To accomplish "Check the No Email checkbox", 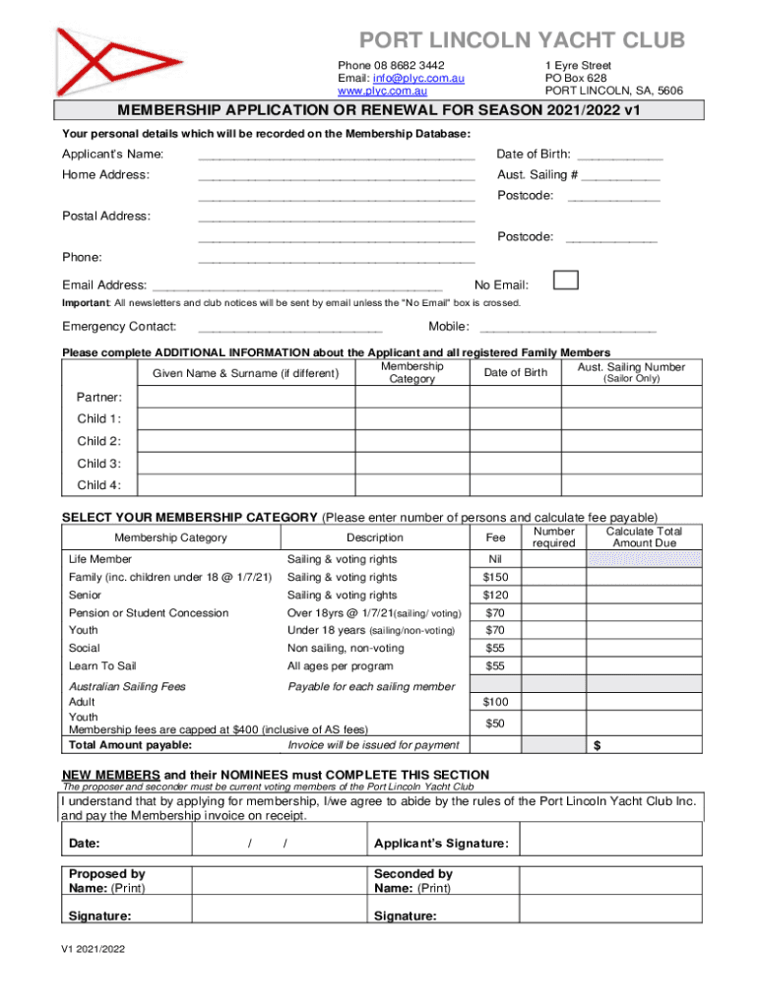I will pyautogui.click(x=566, y=281).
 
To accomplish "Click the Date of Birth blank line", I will pyautogui.click(x=619, y=155).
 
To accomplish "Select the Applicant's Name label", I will pyautogui.click(x=112, y=155).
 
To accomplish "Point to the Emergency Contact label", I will pyautogui.click(x=119, y=327).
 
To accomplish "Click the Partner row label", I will pyautogui.click(x=99, y=397).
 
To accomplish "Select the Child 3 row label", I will pyautogui.click(x=99, y=463).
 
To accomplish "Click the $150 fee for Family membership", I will pyautogui.click(x=495, y=577).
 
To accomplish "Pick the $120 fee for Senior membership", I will pyautogui.click(x=495, y=596).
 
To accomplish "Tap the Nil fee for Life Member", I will pyautogui.click(x=495, y=559).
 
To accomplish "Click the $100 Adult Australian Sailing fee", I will pyautogui.click(x=495, y=702).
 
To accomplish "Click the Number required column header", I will pyautogui.click(x=553, y=537).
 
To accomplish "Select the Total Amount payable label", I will pyautogui.click(x=130, y=745).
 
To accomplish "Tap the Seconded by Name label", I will pyautogui.click(x=413, y=881).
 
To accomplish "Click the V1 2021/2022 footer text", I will pyautogui.click(x=93, y=952).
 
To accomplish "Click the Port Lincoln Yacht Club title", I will pyautogui.click(x=521, y=40).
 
